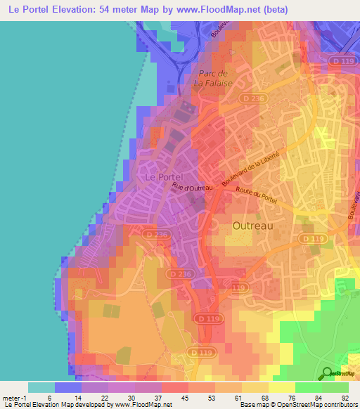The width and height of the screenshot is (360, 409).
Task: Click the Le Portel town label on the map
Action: (163, 178)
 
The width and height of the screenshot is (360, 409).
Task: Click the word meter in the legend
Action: (12, 398)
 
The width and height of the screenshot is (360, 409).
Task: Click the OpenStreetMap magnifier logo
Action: (326, 372)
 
